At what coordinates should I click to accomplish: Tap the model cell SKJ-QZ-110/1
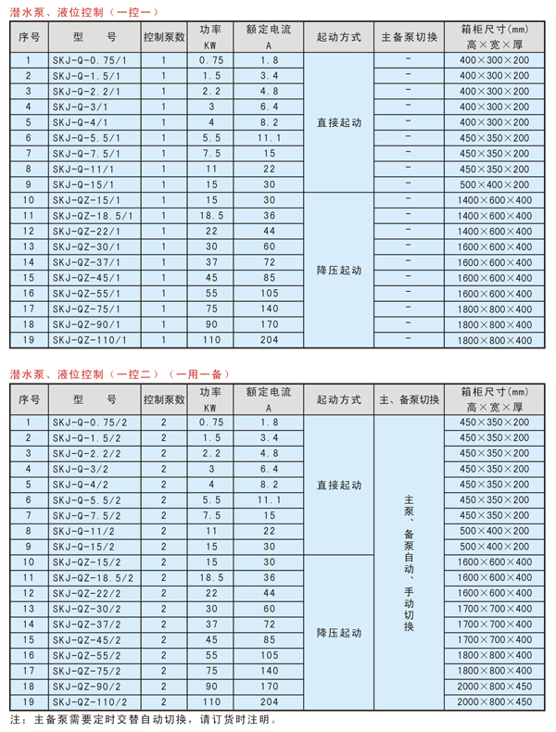(85, 340)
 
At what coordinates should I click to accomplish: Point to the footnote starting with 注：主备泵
(144, 719)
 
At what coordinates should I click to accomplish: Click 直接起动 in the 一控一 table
(338, 121)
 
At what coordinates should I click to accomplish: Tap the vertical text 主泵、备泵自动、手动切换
(409, 562)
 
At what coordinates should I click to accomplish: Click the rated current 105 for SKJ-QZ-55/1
(269, 293)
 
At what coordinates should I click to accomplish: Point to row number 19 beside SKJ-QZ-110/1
(29, 340)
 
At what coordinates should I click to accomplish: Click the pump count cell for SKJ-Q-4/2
(164, 484)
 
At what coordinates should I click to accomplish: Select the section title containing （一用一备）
(120, 375)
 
